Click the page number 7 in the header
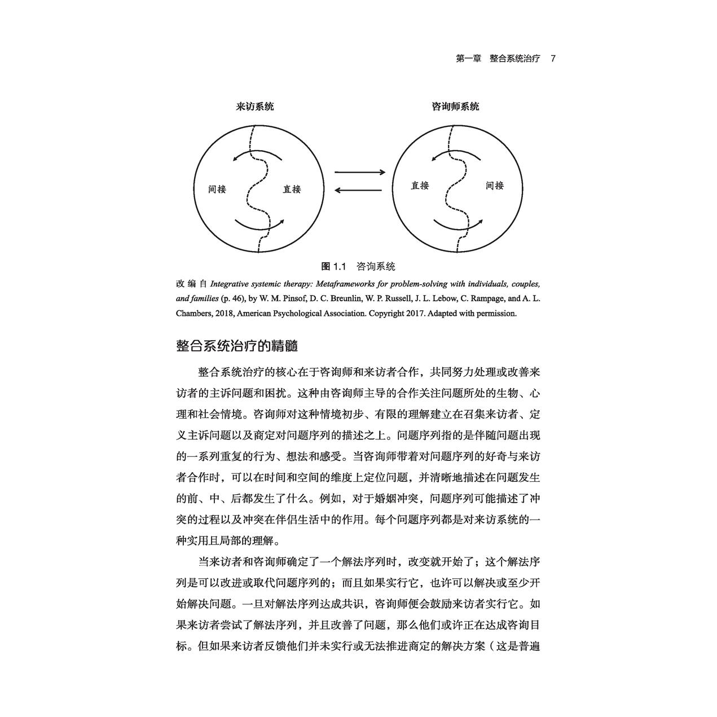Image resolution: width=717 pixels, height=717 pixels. (553, 59)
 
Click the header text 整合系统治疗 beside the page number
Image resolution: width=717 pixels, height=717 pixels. (514, 59)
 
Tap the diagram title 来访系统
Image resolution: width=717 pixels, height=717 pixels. (254, 107)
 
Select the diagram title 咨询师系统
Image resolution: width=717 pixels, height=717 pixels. (455, 107)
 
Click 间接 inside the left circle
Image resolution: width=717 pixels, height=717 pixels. (217, 190)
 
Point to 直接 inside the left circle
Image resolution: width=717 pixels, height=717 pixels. (292, 190)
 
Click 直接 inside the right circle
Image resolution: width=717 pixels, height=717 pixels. (420, 186)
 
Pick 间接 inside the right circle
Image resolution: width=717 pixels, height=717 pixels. (495, 186)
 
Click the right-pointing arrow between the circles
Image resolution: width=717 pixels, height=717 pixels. (359, 172)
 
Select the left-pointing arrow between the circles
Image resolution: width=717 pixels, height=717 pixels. (359, 190)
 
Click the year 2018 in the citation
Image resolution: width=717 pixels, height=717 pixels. (224, 314)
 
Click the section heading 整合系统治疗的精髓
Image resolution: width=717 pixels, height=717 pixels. (237, 345)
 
